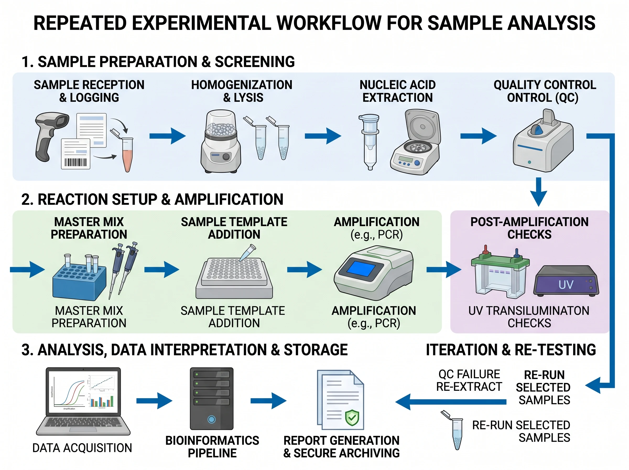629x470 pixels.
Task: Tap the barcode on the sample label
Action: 75,162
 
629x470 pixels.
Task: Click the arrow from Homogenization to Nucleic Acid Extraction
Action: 323,136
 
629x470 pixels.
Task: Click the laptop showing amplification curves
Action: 83,401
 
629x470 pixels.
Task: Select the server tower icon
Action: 212,398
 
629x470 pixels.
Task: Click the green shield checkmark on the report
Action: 352,418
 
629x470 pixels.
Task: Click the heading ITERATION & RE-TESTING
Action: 511,350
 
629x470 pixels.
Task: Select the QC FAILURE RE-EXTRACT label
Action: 469,380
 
